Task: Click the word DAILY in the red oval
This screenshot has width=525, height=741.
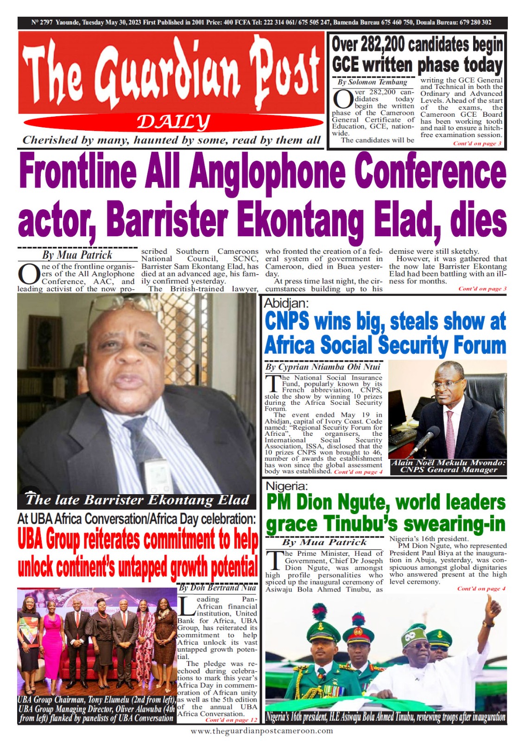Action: tap(173, 123)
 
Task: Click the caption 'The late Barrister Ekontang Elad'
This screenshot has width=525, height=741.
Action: tap(138, 500)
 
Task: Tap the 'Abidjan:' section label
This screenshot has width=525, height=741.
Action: tap(286, 303)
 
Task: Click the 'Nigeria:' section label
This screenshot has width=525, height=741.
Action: tap(286, 486)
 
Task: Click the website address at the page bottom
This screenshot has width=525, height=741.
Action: tap(262, 731)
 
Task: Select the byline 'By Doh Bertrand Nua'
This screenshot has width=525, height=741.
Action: tap(217, 587)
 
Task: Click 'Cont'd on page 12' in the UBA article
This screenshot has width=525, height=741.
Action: tap(231, 720)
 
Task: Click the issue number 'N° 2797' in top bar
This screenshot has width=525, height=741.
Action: tap(42, 22)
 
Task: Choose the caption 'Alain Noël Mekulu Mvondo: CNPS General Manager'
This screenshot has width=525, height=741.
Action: tap(448, 466)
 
